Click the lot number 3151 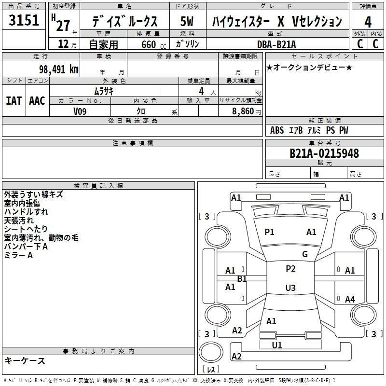click(x=24, y=20)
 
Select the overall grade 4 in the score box click(x=368, y=22)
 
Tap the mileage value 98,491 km click(x=58, y=69)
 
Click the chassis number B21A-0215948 click(x=324, y=153)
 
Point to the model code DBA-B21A click(x=276, y=44)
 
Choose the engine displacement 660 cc click(x=153, y=44)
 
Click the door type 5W click(x=187, y=21)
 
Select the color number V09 click(x=80, y=111)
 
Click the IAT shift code click(x=14, y=101)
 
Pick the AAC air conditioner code click(x=37, y=101)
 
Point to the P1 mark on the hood click(x=269, y=232)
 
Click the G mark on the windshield click(x=305, y=254)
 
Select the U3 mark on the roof click(x=290, y=288)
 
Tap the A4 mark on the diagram click(x=350, y=299)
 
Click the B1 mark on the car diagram click(x=242, y=279)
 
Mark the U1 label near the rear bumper click(x=277, y=345)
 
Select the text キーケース click(x=25, y=360)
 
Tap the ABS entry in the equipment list click(x=277, y=130)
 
